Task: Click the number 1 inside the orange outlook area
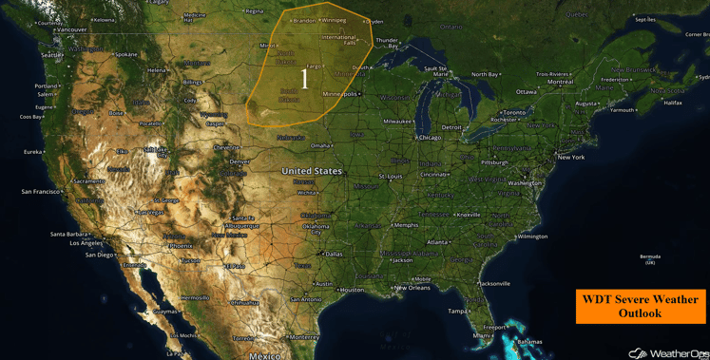305,79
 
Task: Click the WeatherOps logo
669,352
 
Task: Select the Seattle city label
51,55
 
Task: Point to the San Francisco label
40,192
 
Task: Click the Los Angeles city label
86,243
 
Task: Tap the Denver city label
239,161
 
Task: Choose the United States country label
312,171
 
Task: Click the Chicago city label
430,137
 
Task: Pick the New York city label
570,157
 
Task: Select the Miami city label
483,335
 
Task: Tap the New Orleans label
413,288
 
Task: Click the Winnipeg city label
334,20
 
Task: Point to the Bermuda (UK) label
650,258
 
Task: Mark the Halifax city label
672,103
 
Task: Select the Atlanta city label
437,242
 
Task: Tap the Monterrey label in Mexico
304,337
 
